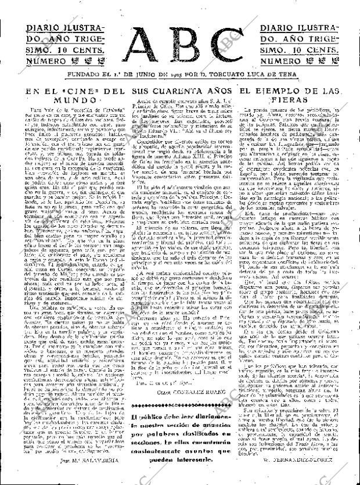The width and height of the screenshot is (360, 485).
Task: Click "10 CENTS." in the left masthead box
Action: (x=81, y=49)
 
